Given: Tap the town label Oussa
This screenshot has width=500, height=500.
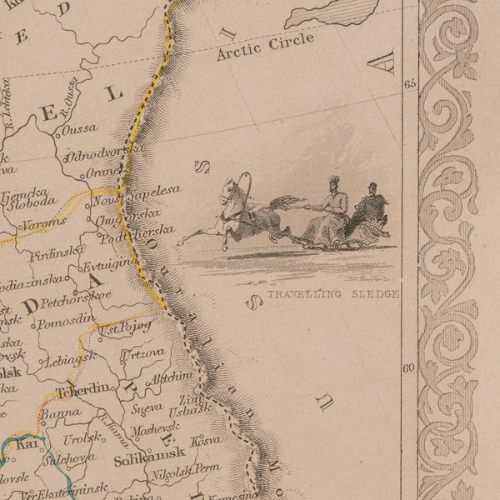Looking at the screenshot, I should (77, 129).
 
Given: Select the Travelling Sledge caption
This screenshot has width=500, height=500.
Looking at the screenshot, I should (333, 294).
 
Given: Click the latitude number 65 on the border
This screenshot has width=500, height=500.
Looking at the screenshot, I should (409, 84).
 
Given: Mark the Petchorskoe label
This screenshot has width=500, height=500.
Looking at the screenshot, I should (76, 295).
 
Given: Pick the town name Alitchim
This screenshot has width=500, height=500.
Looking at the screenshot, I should (170, 377).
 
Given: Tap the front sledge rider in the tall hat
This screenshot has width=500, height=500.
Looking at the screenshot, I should (334, 204).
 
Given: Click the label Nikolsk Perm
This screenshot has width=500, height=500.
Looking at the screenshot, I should (185, 472).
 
